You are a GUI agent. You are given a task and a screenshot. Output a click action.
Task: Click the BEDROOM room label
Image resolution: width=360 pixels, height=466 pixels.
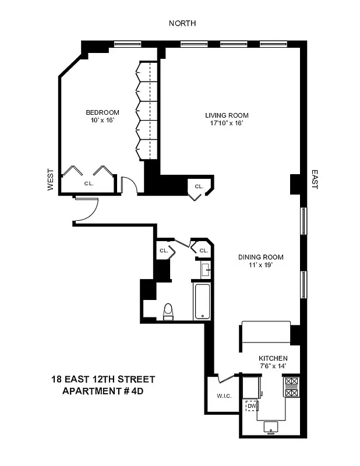(x=103, y=112)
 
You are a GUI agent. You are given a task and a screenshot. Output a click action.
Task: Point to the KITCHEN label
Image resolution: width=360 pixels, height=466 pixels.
(x=273, y=358)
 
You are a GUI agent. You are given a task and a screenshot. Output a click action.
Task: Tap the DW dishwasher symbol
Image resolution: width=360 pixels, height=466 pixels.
(x=251, y=405)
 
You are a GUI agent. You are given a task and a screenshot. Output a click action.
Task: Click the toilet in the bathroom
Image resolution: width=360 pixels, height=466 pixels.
(x=168, y=312)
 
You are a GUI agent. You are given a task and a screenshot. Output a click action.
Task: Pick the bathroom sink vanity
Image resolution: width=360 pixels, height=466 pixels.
(x=205, y=270)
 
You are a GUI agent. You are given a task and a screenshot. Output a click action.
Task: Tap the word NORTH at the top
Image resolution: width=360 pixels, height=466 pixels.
(x=182, y=23)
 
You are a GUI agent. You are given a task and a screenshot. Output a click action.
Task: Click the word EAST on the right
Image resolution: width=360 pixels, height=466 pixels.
(x=315, y=179)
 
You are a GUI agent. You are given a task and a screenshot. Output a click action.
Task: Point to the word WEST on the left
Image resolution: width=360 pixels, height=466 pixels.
(x=50, y=180)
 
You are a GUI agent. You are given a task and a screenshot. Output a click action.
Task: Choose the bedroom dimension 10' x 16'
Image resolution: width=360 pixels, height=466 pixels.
(x=103, y=121)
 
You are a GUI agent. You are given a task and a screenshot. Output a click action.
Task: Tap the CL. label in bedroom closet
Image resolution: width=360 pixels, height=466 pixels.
(x=89, y=183)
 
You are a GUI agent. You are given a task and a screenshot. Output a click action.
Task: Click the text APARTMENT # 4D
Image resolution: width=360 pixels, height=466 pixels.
(x=103, y=390)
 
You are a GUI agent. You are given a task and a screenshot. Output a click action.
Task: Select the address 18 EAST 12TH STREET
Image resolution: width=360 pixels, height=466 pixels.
(x=103, y=379)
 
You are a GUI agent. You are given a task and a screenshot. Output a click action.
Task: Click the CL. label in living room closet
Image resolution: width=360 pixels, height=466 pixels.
(x=199, y=186)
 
